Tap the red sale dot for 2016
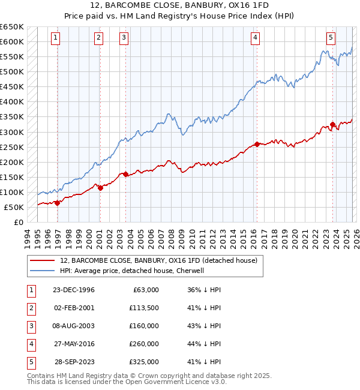[257, 144]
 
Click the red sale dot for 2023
[332, 124]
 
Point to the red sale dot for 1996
[57, 203]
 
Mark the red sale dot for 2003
[125, 174]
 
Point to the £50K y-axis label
[13, 207]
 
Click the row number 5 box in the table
[29, 362]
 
